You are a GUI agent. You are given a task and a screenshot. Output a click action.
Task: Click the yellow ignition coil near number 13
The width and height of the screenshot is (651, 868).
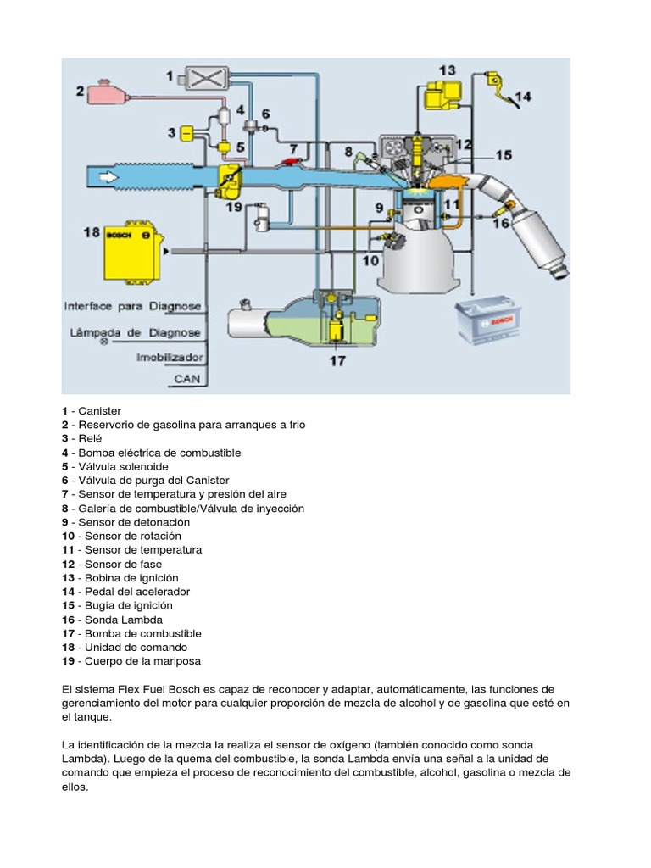tap(439, 96)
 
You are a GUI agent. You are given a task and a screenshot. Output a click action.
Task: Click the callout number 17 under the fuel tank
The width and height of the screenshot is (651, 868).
tap(337, 360)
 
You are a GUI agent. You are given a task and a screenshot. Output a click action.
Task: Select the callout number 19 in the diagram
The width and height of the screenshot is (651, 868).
tap(234, 206)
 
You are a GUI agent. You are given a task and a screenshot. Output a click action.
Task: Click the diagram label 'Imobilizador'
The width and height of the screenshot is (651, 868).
tap(169, 357)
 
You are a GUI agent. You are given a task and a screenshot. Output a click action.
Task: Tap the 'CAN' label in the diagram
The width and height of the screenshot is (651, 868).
tap(186, 378)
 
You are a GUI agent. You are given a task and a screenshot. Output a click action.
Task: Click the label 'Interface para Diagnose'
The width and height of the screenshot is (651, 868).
tap(133, 305)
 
